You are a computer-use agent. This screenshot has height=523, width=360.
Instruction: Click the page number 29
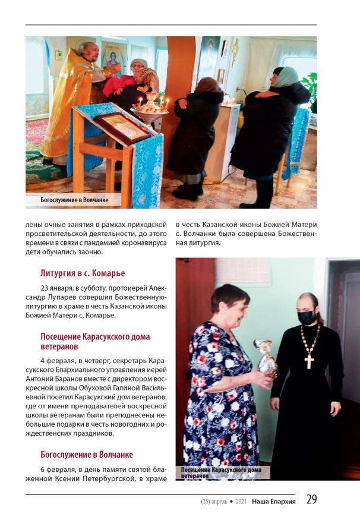311,500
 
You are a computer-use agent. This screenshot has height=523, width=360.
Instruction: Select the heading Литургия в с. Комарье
83,273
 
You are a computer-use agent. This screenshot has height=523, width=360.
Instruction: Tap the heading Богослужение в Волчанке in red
87,455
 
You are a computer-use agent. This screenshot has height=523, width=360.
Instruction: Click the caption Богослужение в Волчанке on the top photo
75,200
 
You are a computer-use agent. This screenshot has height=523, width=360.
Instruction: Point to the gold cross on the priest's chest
309,359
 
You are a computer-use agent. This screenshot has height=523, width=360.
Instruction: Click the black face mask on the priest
307,317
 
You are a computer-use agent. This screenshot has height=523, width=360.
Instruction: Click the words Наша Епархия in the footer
273,501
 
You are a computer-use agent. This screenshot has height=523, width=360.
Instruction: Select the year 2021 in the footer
241,501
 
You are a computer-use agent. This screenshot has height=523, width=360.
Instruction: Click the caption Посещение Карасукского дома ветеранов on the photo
221,472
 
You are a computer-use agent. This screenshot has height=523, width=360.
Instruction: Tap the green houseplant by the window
310,83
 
